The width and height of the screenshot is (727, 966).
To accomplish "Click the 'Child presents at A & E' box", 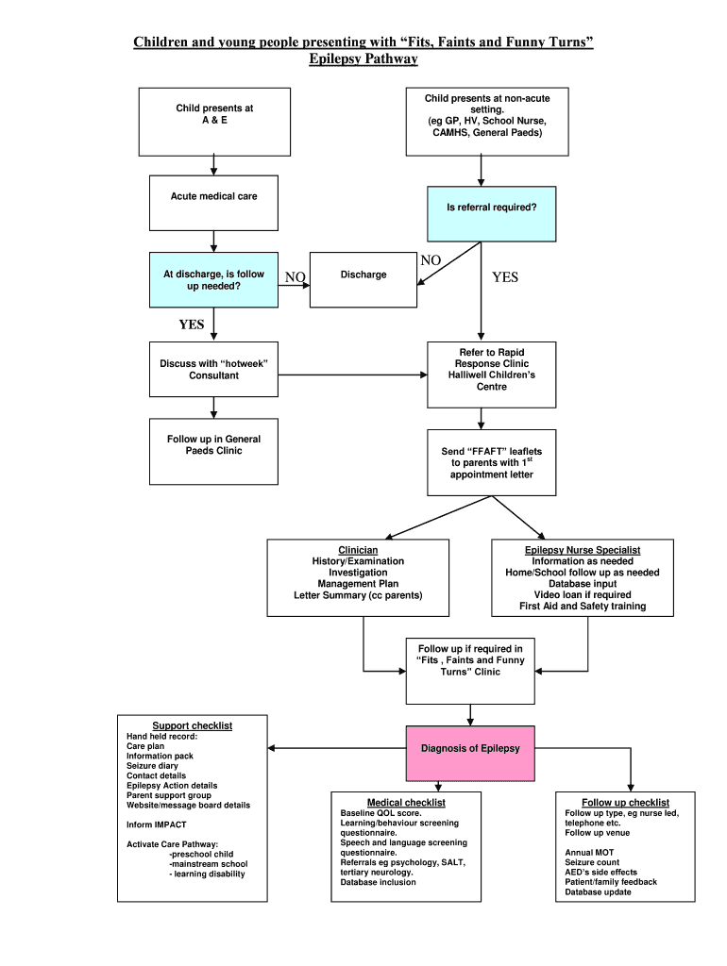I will click(214, 121).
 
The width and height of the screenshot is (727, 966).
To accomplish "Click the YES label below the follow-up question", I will click(192, 325).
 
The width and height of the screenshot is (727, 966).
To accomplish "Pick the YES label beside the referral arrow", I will click(505, 277).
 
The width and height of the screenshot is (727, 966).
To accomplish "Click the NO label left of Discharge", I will click(296, 277).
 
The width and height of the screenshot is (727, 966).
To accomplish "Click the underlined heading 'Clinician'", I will click(358, 550).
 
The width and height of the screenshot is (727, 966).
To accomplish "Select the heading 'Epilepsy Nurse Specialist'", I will click(583, 550).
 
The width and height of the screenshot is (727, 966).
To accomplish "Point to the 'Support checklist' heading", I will click(193, 725).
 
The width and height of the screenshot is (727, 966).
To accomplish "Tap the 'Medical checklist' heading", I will click(406, 802).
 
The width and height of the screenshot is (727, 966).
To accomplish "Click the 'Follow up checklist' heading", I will click(625, 802).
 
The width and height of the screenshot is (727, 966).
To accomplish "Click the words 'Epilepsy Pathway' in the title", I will click(363, 59).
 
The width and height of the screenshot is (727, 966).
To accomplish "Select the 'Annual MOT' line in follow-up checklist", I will click(589, 853).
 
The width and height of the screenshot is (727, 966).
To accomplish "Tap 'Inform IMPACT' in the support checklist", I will click(157, 824).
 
